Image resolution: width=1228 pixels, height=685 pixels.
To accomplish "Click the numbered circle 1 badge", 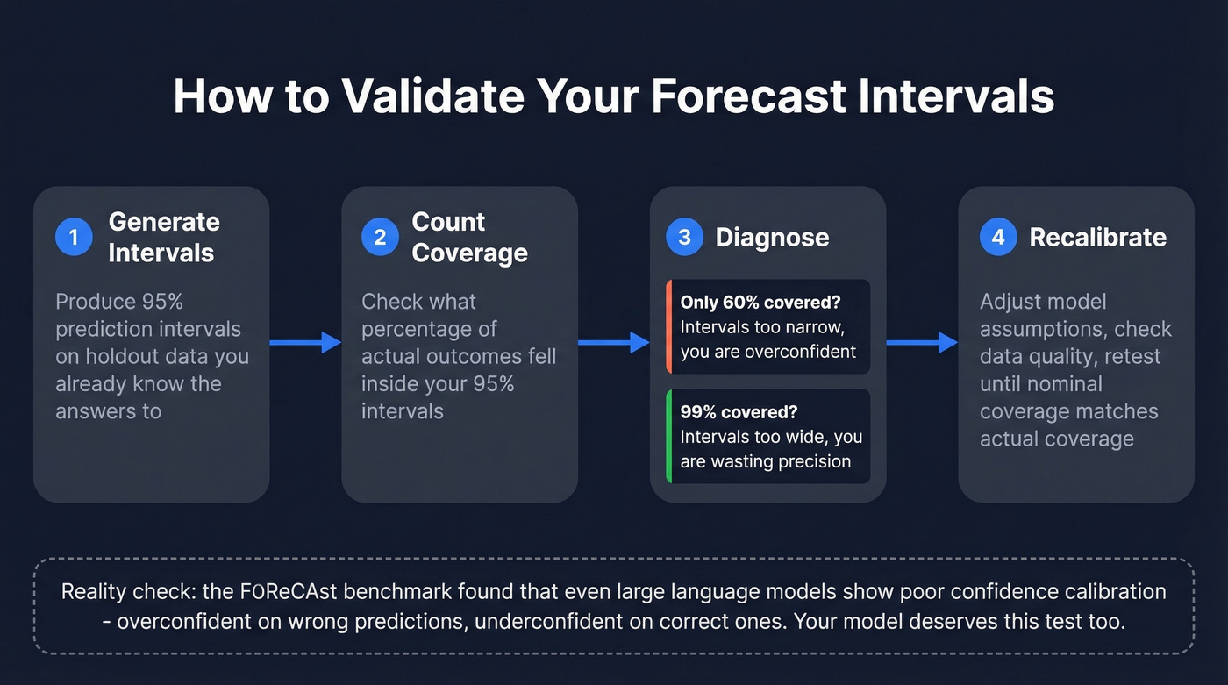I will pyautogui.click(x=74, y=237).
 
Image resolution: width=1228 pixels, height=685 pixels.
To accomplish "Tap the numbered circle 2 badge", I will pyautogui.click(x=380, y=237).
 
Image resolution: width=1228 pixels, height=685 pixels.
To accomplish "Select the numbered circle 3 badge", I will pyautogui.click(x=684, y=237).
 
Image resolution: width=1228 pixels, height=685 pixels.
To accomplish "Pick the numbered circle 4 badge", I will pyautogui.click(x=998, y=237).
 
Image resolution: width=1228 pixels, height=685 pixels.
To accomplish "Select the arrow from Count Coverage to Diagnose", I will pyautogui.click(x=613, y=343).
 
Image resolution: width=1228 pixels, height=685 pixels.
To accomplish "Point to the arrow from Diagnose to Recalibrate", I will pyautogui.click(x=922, y=343).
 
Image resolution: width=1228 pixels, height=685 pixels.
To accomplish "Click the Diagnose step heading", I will pyautogui.click(x=772, y=237).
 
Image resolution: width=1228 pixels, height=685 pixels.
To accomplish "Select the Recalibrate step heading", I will pyautogui.click(x=1097, y=237).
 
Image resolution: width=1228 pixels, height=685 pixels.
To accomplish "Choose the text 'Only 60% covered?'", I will pyautogui.click(x=760, y=302).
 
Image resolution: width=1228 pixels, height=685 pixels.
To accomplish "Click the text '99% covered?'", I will pyautogui.click(x=739, y=412).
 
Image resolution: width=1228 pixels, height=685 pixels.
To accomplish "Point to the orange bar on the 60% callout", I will pyautogui.click(x=668, y=326).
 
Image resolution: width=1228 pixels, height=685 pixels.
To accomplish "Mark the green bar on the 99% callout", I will pyautogui.click(x=668, y=436).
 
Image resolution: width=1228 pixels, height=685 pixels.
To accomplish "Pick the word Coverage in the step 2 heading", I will pyautogui.click(x=469, y=253).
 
